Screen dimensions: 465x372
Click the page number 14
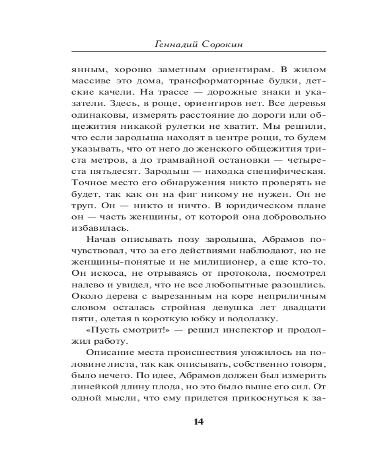pyautogui.click(x=198, y=422)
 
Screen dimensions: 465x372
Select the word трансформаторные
pyautogui.click(x=175, y=81)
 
